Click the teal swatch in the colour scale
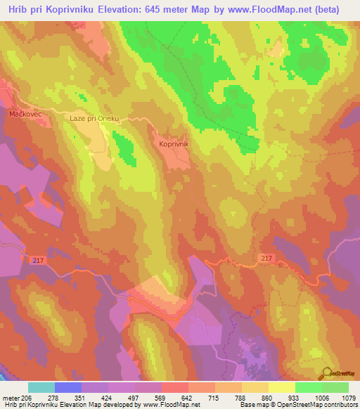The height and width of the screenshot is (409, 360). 41,387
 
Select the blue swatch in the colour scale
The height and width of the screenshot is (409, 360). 68,387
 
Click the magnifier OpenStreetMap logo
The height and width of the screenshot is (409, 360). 327,372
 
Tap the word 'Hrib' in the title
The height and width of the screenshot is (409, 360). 16,10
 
